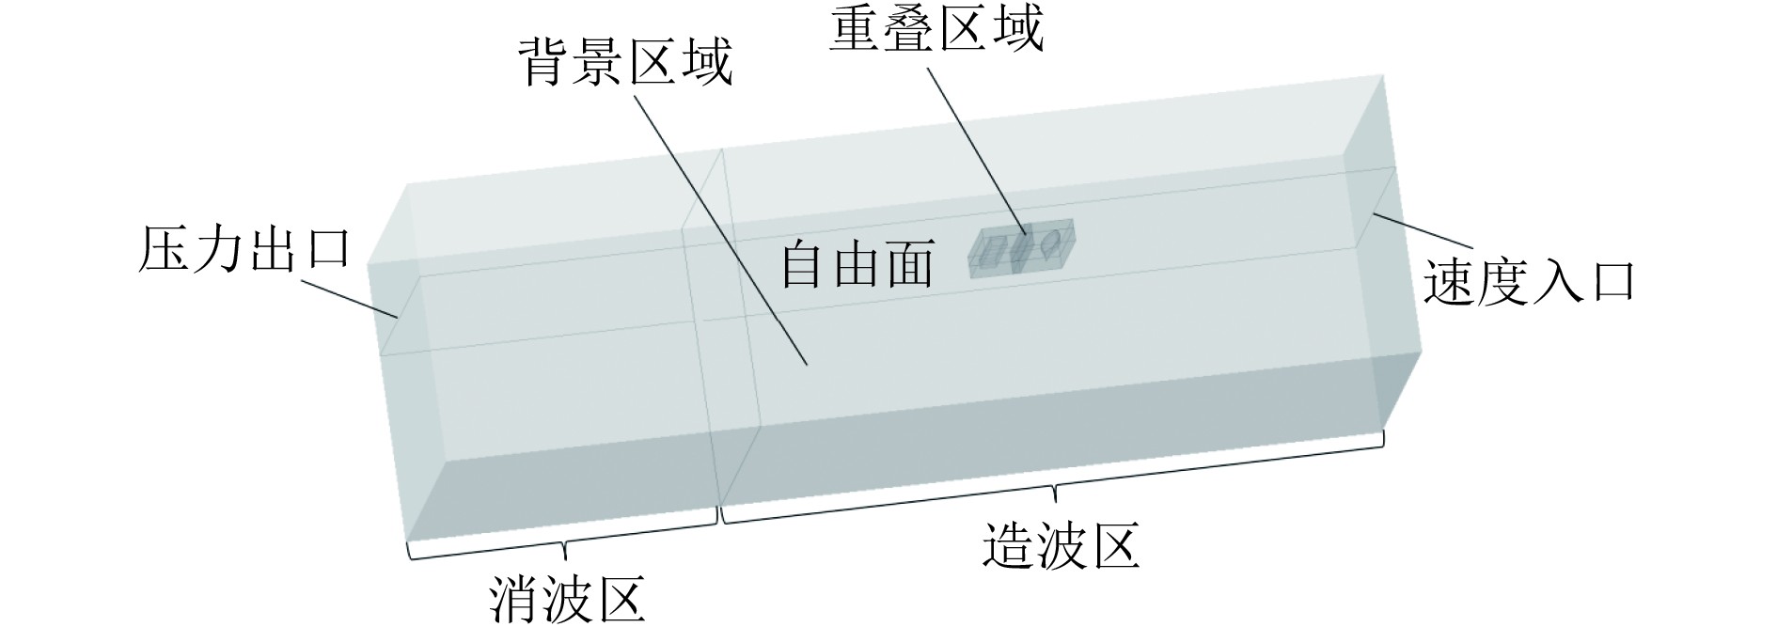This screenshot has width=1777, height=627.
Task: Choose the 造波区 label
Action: pyautogui.click(x=1061, y=545)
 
